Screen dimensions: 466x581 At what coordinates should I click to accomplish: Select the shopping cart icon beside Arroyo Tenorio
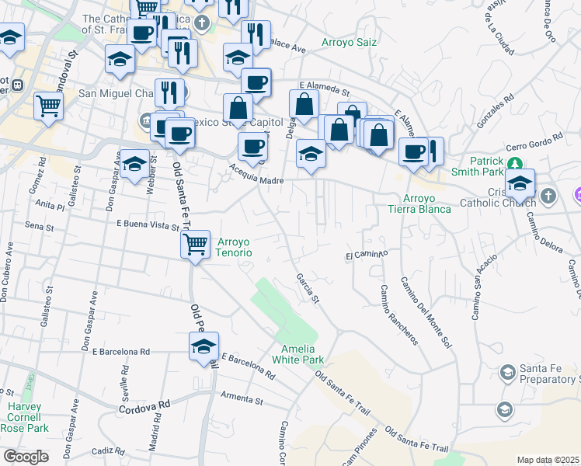click(x=195, y=245)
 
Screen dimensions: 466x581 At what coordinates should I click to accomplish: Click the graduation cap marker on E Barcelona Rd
click(x=204, y=347)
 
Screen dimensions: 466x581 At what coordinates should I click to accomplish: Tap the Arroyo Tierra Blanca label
click(x=419, y=203)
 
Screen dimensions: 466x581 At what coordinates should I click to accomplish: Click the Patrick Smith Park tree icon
click(x=513, y=163)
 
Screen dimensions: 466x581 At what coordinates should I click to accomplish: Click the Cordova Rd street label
click(x=144, y=406)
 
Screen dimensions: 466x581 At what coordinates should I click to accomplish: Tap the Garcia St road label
click(x=307, y=287)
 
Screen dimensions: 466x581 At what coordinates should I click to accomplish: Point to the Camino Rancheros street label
click(x=399, y=315)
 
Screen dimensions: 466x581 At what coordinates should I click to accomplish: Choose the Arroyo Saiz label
click(x=349, y=42)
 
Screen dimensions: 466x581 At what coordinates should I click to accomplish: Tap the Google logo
click(x=26, y=457)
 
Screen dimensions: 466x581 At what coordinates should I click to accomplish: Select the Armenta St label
click(x=242, y=398)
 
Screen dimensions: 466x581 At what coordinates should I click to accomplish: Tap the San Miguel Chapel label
click(x=117, y=94)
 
